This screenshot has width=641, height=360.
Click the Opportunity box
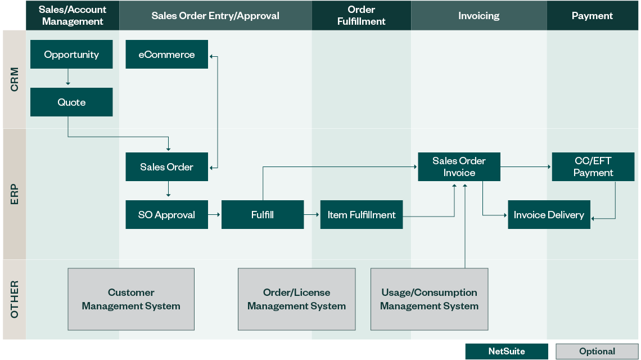71,55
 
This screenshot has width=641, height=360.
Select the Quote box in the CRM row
71,102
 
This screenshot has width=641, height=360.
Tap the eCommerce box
166,55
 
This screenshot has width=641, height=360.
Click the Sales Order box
166,167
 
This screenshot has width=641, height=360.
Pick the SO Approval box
166,215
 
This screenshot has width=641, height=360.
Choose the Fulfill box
263,215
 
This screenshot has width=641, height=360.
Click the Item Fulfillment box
362,215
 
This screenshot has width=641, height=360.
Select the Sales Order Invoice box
459,167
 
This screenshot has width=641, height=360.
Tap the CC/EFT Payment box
593,167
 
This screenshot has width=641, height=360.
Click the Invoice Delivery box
549,215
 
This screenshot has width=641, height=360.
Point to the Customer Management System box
131,299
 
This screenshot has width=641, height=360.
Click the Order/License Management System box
296,299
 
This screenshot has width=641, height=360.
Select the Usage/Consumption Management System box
429,299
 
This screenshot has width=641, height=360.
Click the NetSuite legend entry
506,352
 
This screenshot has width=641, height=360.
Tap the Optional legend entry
597,352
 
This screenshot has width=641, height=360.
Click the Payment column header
592,16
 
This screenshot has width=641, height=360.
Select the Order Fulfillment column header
362,16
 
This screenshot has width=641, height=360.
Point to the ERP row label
15,193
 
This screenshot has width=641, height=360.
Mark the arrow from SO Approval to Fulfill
214,215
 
